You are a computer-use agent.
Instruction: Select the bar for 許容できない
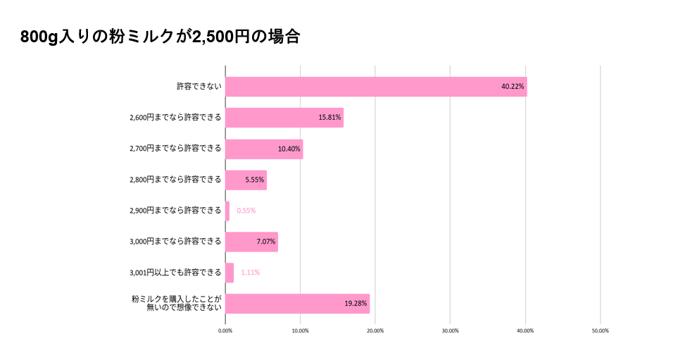point(376,87)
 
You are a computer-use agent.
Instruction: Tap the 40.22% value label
point(513,87)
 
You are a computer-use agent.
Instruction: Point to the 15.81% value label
point(329,118)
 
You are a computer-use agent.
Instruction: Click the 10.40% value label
point(289,149)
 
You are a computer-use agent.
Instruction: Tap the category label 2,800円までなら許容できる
point(175,180)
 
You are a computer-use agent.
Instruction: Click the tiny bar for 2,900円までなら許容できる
point(227,211)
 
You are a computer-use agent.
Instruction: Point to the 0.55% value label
point(246,211)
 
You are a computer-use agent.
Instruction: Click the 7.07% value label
point(265,242)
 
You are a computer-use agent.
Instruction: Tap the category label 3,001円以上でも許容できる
point(175,272)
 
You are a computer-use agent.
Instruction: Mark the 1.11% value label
point(250,272)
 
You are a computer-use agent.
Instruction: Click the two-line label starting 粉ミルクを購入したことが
point(176,303)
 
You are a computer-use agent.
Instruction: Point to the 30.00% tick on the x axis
point(450,330)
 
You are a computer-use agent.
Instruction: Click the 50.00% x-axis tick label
point(600,330)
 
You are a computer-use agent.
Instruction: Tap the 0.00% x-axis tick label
point(225,330)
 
